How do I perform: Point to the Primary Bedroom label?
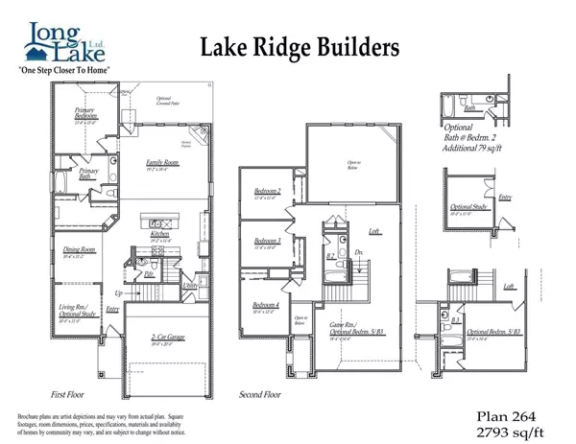click(x=89, y=114)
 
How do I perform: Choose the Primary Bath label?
click(x=90, y=174)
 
